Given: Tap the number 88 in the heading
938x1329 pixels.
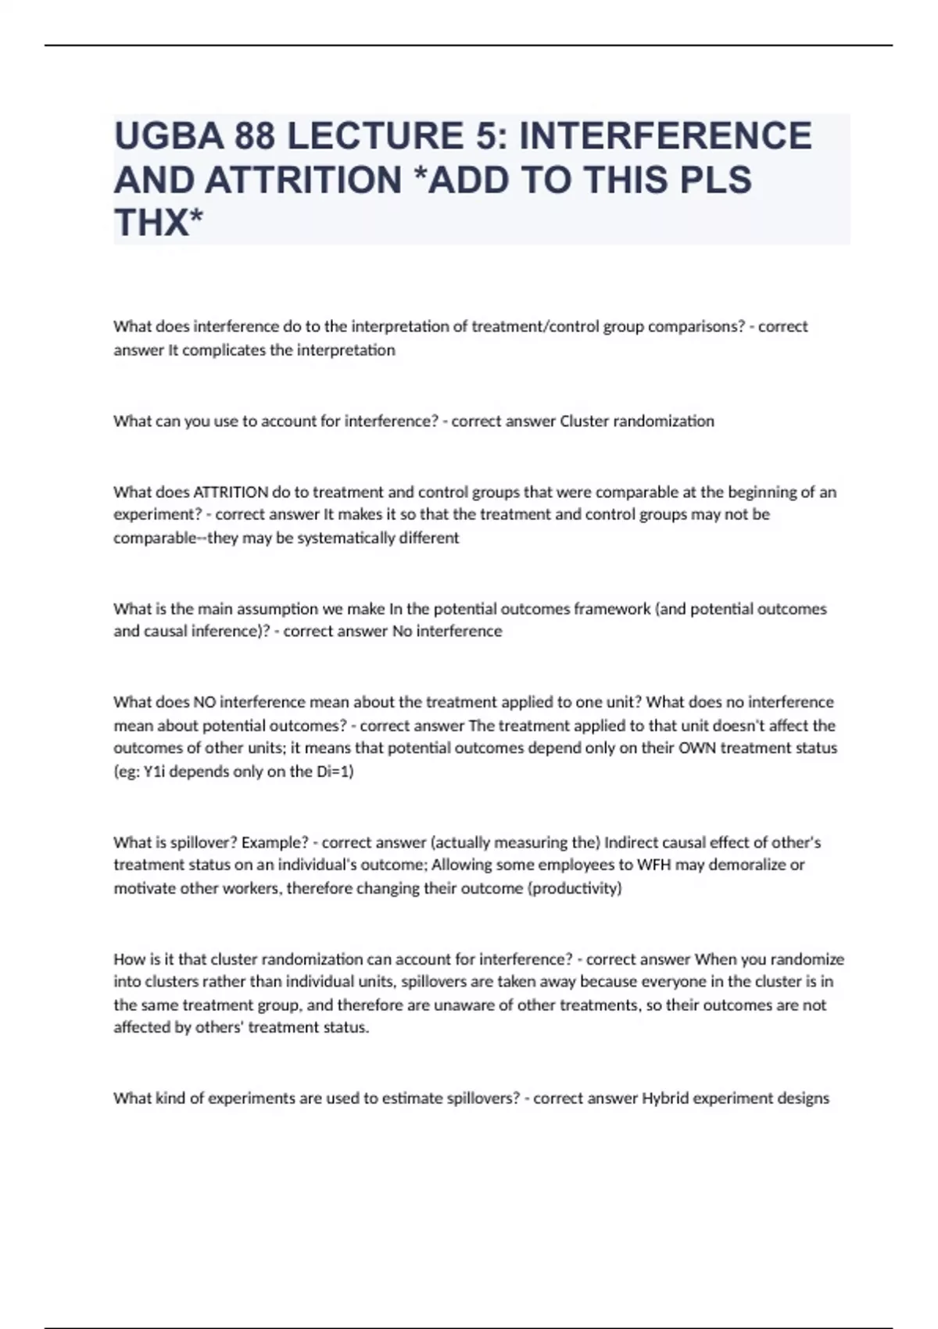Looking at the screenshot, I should point(252,136).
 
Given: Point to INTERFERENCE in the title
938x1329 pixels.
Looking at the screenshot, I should point(665,136).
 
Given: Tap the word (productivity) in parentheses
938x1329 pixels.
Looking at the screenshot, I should point(576,888).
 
